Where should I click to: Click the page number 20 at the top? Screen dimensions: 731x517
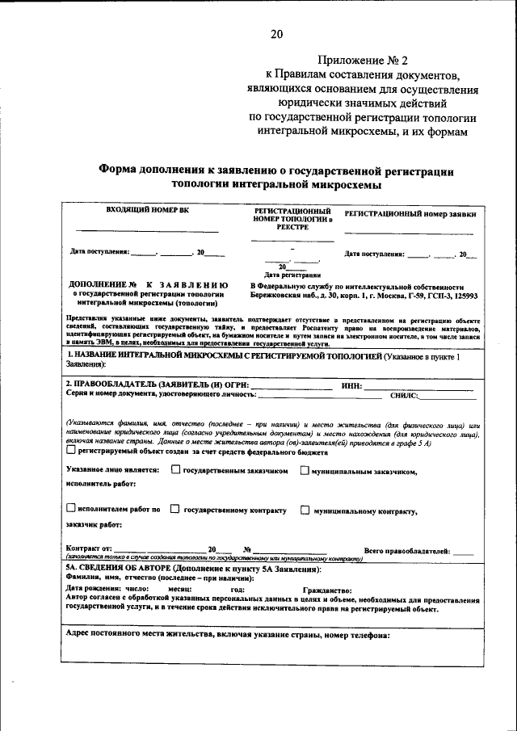point(276,34)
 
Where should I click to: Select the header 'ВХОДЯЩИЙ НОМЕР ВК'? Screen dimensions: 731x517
point(148,211)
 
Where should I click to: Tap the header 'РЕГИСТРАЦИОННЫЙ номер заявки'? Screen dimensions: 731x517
point(410,215)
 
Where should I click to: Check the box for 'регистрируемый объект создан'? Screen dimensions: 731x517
point(71,452)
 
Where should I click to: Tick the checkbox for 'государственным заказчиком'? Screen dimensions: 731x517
point(175,470)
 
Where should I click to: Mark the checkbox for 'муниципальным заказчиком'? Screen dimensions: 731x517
point(305,471)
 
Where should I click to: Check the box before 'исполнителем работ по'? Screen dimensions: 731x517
point(71,509)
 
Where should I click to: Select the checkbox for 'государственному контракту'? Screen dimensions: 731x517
point(175,510)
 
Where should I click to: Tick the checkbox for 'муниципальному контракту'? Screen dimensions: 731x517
point(305,510)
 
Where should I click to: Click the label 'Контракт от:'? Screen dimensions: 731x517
point(89,549)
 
